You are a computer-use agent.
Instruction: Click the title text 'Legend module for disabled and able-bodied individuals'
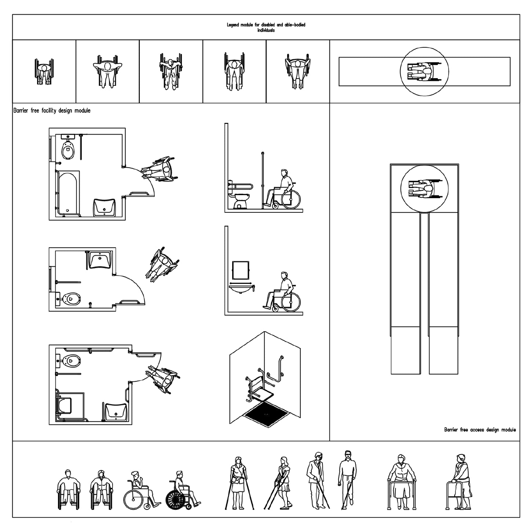(x=266, y=28)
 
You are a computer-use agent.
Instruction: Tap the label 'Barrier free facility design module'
(x=52, y=110)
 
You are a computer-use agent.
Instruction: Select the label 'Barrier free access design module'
(x=480, y=430)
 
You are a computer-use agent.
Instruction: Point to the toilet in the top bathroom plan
(x=67, y=148)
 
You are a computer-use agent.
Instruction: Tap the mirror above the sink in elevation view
(x=241, y=270)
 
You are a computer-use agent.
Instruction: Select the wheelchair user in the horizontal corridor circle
(x=424, y=72)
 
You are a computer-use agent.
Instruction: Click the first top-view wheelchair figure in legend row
(x=44, y=72)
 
